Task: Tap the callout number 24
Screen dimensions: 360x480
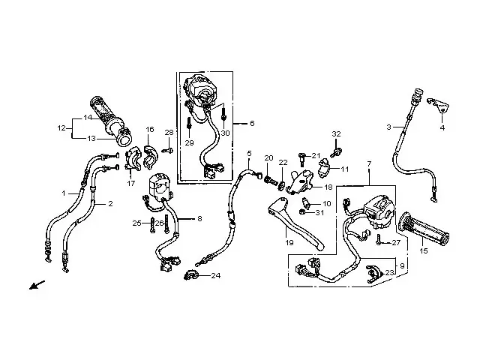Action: coord(215,275)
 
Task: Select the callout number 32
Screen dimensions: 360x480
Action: coord(336,133)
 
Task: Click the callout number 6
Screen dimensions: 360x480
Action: coord(252,122)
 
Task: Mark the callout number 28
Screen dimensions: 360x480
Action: coord(169,133)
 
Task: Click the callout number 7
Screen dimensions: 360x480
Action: coord(369,162)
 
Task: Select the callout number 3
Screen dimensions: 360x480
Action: coord(389,127)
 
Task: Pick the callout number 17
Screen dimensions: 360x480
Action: coord(132,183)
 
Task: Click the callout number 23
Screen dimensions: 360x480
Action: coord(389,272)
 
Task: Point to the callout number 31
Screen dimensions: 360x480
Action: coord(319,212)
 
